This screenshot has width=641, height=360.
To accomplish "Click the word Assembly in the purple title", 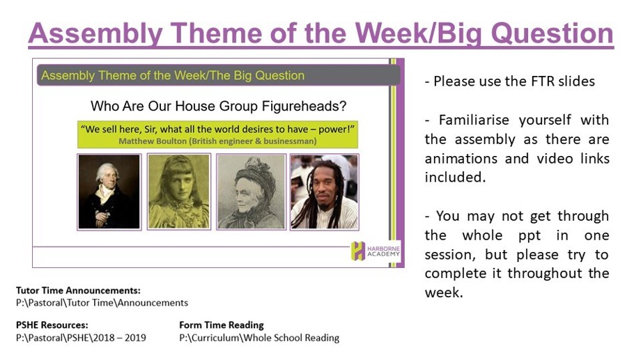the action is coord(95,33).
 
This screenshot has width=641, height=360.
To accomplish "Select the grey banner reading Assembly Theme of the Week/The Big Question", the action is coord(218,75).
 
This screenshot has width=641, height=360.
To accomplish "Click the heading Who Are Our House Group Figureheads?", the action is coord(218,107).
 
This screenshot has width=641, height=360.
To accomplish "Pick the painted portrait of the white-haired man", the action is coord(109,192).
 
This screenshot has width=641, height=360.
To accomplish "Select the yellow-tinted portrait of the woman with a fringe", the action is coord(179,192).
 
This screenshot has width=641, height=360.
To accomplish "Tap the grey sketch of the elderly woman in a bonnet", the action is coord(251,192).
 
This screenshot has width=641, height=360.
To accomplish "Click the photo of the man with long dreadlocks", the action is coord(325,192).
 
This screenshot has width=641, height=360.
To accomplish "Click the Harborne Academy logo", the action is coord(376,251).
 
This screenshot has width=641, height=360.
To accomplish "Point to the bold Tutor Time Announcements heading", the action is coord(78,290).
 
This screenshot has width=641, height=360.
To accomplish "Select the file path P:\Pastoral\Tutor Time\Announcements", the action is coord(102,303).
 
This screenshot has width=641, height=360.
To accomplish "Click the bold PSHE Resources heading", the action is coord(52,325).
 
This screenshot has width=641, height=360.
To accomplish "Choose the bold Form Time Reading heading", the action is coord(221,325).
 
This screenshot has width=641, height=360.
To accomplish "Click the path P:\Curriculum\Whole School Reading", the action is coord(259,338).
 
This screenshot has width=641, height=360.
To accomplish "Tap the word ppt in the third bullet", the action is coord(530,236).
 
